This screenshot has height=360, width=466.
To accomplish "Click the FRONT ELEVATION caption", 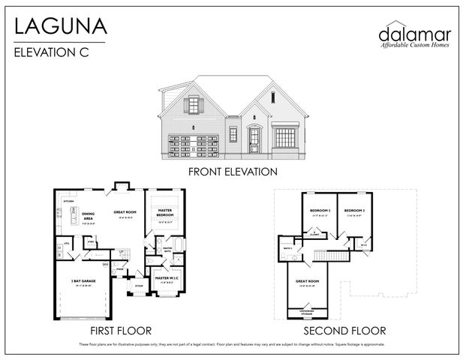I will coord(233,172).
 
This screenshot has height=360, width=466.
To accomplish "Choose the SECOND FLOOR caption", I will coord(346,330).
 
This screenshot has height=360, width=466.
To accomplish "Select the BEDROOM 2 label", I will coord(320,211).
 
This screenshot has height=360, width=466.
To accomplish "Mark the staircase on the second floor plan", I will coord(330,254).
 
